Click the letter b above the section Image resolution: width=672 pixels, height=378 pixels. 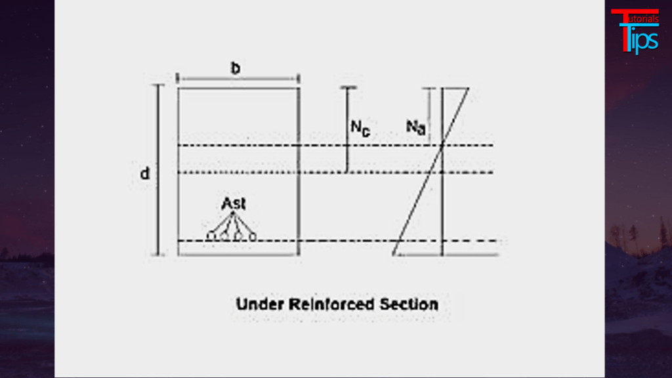point(235,67)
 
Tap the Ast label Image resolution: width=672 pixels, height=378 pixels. point(234,204)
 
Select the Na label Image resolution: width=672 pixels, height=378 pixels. point(415,126)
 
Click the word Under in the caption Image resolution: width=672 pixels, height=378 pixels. point(258,304)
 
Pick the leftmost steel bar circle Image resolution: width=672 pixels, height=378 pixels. point(211,236)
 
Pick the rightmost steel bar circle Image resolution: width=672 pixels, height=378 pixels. point(253,236)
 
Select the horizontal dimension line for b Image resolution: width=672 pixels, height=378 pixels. point(239,80)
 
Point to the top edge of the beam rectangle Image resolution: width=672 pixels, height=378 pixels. point(239,88)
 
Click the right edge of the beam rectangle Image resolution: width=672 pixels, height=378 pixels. point(299,171)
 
